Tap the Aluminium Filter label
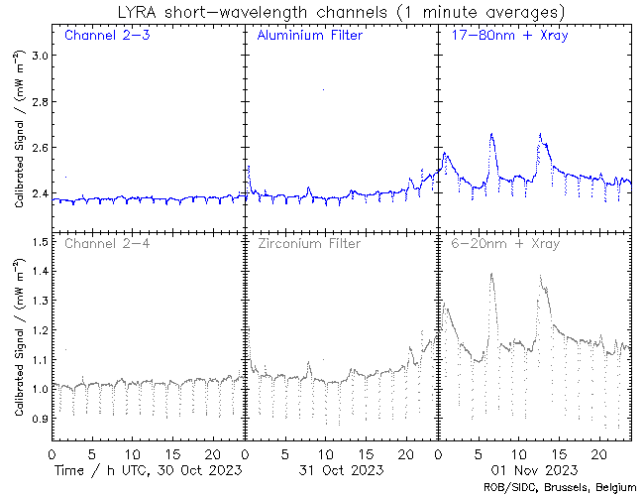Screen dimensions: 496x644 pos(309,36)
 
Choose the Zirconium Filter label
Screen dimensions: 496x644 pos(308,243)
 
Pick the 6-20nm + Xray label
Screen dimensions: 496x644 pos(505,243)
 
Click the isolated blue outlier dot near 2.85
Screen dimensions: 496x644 pos(323,89)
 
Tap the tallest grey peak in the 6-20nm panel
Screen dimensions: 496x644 pos(491,275)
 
